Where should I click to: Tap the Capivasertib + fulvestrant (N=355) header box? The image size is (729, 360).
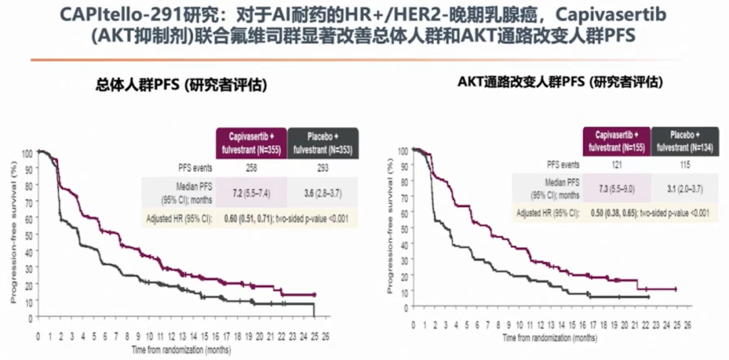tap(251, 143)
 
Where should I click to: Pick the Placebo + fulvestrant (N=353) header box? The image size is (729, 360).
tap(323, 143)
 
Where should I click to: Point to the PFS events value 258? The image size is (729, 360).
tap(251, 167)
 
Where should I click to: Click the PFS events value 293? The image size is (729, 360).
tap(323, 167)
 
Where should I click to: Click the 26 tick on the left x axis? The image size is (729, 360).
tap(326, 336)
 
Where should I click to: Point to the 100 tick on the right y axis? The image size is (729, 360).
tap(404, 150)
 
